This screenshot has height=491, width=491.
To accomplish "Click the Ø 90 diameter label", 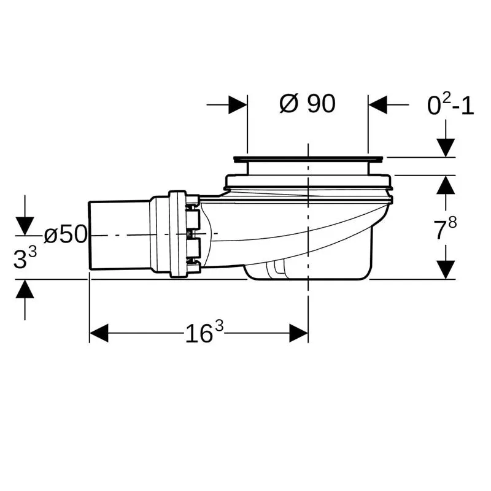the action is tap(307, 104).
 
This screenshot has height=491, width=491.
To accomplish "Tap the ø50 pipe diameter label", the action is tap(66, 234).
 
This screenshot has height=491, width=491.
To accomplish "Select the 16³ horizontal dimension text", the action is tap(204, 333).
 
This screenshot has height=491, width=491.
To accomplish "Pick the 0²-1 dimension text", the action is tap(450, 104).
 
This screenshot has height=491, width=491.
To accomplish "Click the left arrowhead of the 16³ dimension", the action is tap(99, 333).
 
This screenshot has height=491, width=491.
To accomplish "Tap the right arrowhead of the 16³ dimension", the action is tap(298, 333).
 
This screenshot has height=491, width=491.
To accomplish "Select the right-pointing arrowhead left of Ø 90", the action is tap(238, 104).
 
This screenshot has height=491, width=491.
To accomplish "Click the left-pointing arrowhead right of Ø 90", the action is tap(377, 104).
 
